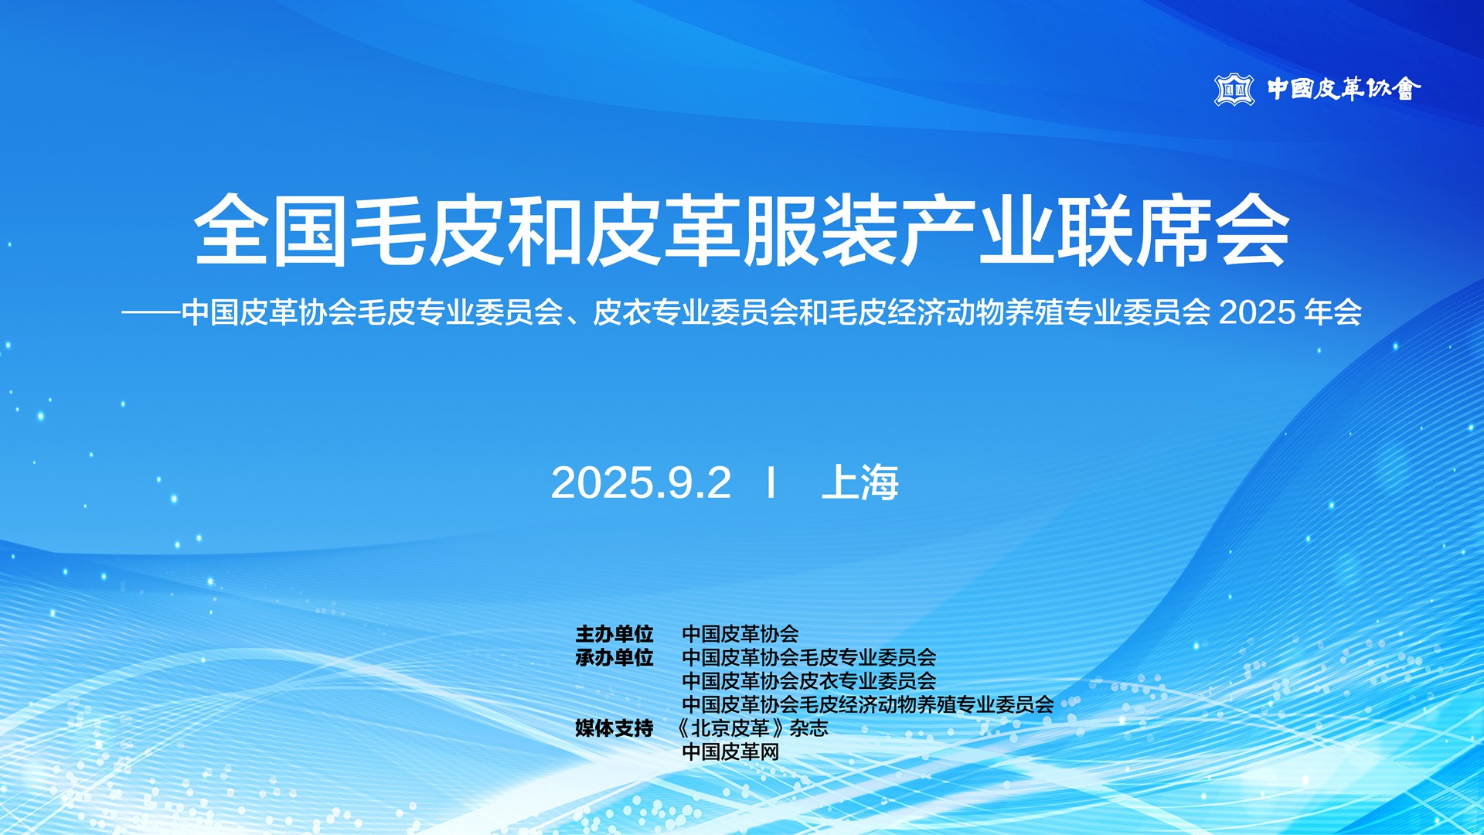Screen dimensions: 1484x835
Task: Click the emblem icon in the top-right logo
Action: (1234, 90)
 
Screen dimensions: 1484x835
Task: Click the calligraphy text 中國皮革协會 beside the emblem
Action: (1344, 89)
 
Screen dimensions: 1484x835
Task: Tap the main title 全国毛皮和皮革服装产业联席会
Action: (742, 230)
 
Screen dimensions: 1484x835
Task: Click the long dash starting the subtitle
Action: (151, 313)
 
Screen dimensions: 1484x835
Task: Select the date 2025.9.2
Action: (641, 483)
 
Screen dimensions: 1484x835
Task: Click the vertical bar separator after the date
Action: (771, 482)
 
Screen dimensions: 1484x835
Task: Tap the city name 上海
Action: (860, 482)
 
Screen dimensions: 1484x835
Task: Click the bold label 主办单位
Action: (614, 634)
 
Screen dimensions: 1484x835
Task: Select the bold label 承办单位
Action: (614, 658)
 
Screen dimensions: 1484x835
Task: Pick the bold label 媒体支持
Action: (614, 728)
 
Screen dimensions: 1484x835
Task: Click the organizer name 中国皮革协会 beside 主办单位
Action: (740, 634)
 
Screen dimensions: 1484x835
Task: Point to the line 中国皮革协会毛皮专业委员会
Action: (809, 658)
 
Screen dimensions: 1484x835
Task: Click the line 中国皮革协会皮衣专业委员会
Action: (809, 681)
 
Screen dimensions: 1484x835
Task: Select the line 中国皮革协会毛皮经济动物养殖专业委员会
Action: (868, 704)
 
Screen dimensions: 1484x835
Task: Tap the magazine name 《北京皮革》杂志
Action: (751, 728)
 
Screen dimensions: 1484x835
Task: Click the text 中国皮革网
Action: (730, 751)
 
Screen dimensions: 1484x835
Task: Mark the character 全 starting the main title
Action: (231, 230)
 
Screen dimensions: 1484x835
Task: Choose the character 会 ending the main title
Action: (1252, 230)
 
